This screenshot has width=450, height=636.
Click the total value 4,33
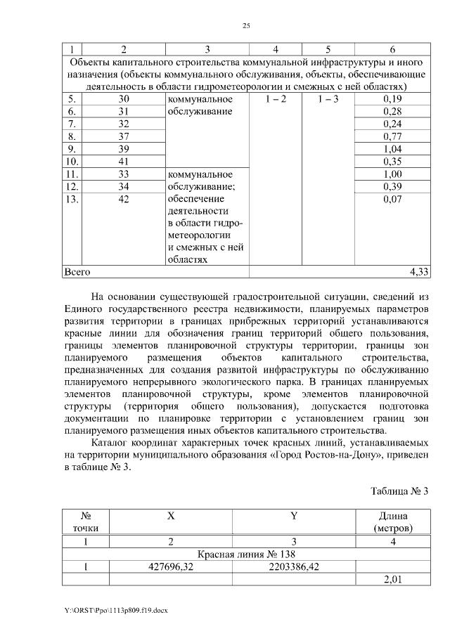[x=420, y=271]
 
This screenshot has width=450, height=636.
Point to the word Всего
[x=77, y=271]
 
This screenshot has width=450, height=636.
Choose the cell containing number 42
[x=124, y=199]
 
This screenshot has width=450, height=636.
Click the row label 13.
[x=71, y=199]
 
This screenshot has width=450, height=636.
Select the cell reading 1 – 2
[x=276, y=99]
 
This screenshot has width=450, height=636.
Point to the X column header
[x=171, y=515]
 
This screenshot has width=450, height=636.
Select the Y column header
[x=295, y=515]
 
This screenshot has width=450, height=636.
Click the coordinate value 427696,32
[x=171, y=566]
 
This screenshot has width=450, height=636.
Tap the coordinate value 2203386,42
[x=295, y=566]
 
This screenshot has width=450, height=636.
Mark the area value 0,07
[x=392, y=199]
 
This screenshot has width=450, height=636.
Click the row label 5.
[x=71, y=99]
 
